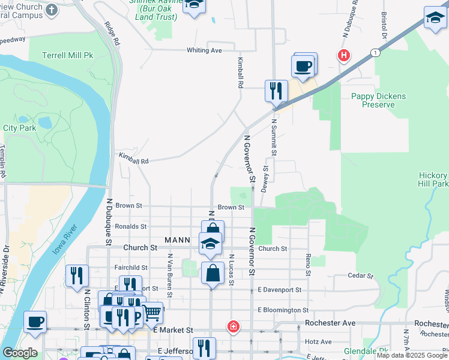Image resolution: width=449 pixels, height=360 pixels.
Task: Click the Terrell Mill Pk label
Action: tap(68, 55)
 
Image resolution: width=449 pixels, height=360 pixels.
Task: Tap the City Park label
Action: tap(20, 128)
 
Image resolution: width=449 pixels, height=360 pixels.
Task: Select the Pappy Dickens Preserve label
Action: tap(379, 100)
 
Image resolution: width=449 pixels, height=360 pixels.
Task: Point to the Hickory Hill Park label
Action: tap(433, 179)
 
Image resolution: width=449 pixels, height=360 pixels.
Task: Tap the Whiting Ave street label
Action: tap(204, 50)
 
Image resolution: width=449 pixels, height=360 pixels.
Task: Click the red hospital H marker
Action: tap(343, 56)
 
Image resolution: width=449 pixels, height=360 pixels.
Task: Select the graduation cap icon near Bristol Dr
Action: tap(435, 19)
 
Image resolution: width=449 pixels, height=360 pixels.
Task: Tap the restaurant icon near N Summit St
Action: tap(276, 91)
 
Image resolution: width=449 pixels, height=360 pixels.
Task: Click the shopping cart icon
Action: tap(152, 312)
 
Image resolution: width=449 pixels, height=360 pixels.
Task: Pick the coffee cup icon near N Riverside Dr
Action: tap(35, 322)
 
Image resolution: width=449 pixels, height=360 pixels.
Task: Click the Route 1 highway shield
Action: tap(376, 53)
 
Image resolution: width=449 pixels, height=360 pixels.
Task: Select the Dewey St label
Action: tap(264, 179)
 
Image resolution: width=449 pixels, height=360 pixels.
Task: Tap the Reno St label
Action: tap(308, 264)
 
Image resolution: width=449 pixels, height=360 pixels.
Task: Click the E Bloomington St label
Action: tap(283, 310)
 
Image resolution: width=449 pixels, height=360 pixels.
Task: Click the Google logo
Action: tap(20, 353)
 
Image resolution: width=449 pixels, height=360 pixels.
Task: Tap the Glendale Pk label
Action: tap(365, 352)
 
